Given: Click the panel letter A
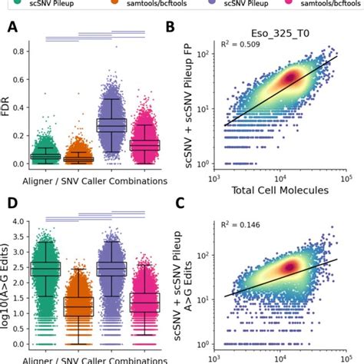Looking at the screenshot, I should [x=13, y=29].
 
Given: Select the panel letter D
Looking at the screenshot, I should [x=13, y=204].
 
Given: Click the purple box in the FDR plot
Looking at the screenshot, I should [x=110, y=124].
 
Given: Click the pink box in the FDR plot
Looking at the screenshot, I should [x=143, y=144].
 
